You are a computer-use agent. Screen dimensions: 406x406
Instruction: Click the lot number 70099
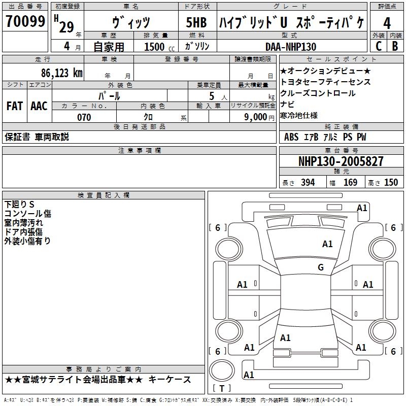(25, 21)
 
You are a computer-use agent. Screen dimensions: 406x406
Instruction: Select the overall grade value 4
(387, 23)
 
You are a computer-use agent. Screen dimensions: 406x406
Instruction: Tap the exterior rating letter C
(379, 46)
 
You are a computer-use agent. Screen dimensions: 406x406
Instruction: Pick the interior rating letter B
(395, 46)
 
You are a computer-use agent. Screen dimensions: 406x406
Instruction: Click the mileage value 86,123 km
(62, 73)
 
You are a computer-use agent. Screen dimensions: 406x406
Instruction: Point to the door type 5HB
(196, 22)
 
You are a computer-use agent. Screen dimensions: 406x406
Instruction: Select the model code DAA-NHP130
(291, 47)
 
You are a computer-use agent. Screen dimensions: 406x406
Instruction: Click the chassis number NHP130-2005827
(341, 161)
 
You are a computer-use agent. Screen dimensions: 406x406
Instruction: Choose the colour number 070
(84, 117)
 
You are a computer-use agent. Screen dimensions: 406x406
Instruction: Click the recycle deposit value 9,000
(256, 117)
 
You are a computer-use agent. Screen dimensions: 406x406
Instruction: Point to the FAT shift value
(15, 106)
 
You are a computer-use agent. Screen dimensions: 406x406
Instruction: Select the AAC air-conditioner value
(39, 106)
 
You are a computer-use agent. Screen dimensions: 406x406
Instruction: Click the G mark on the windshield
(321, 267)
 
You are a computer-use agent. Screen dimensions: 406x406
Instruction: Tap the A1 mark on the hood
(327, 244)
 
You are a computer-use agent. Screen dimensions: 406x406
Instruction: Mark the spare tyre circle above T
(222, 370)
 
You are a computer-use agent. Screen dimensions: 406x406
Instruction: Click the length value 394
(308, 182)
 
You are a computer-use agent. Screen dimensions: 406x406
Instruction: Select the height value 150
(391, 182)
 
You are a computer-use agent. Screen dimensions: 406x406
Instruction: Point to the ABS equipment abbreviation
(291, 137)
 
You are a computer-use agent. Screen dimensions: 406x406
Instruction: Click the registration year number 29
(66, 27)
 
